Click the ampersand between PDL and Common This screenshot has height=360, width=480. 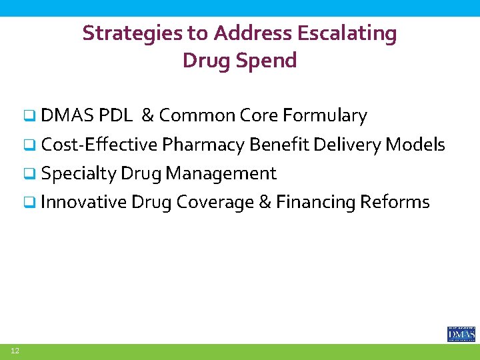tap(147, 116)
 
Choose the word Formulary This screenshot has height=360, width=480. tap(325, 116)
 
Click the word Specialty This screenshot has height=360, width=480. tap(78, 173)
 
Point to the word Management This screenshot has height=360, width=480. tap(221, 173)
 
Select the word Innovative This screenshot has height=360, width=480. tap(83, 202)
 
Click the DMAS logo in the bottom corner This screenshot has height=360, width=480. tap(461, 333)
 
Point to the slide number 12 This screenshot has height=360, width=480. tap(14, 351)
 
